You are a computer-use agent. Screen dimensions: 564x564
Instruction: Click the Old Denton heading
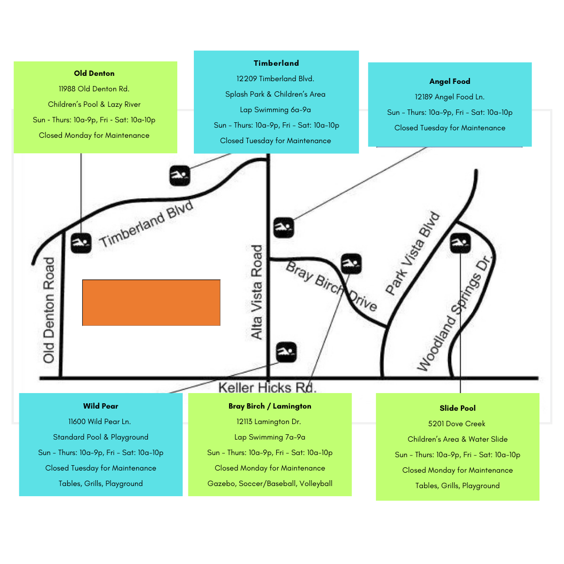(94, 73)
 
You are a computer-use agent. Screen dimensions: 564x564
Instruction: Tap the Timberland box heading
(276, 63)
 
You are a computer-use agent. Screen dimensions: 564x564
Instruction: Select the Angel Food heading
(450, 81)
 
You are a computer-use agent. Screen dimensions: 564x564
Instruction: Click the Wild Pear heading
(100, 406)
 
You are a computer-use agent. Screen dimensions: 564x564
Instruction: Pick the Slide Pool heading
(457, 408)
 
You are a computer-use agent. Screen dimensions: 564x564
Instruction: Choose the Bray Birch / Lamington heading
(270, 406)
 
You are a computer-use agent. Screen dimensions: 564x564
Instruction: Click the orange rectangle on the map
(151, 302)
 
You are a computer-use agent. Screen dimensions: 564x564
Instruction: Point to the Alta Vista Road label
(257, 292)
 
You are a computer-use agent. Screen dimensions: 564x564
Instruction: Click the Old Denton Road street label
(49, 310)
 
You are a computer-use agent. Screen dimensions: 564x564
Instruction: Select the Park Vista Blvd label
(413, 254)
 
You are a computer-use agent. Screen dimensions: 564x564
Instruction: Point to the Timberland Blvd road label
(146, 224)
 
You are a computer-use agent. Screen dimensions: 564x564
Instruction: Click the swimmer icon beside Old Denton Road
(81, 244)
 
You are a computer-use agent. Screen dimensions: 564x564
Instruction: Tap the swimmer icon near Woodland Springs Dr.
(460, 243)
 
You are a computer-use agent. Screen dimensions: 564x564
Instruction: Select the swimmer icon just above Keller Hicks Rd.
(286, 352)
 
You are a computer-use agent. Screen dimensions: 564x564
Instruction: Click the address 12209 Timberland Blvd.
(276, 79)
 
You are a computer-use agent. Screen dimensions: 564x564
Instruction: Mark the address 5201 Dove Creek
(457, 424)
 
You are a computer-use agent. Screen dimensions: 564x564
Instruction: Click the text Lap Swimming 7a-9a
(270, 437)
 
